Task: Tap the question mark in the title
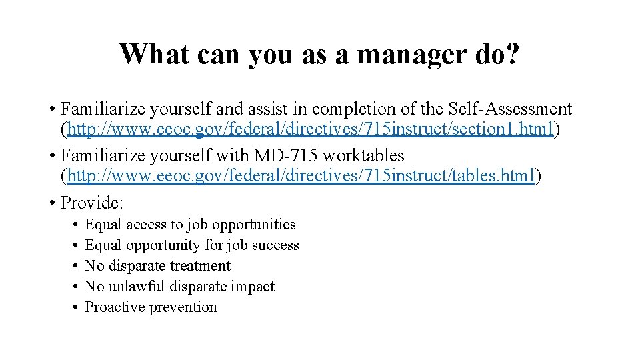(511, 54)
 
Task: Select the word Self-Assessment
(510, 109)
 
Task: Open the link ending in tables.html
(301, 176)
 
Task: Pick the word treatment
(200, 266)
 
